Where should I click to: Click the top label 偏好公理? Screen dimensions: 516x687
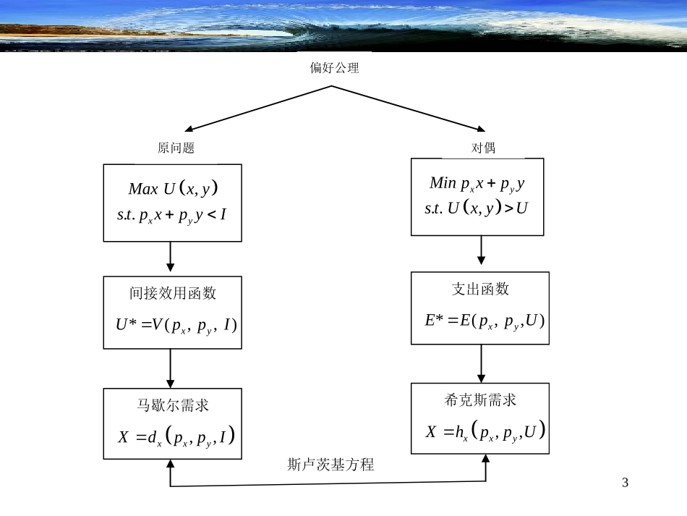coord(334,69)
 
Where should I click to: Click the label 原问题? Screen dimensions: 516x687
coord(176,148)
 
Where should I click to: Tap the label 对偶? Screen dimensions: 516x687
coord(483,148)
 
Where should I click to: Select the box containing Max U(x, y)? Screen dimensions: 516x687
coord(173,202)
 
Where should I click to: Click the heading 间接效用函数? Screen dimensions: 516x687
coord(173,293)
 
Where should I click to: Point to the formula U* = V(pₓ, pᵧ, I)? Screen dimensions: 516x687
coord(176,325)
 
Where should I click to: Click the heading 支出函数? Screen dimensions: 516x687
coord(480,289)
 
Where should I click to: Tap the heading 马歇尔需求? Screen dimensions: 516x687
coord(173,405)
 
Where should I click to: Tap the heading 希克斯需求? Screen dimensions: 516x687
coord(480,400)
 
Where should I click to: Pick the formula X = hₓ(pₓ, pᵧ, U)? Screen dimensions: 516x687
coord(485,432)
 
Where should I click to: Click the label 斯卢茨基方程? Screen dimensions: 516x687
coord(330,465)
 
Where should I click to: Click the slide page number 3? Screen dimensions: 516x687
coord(626,483)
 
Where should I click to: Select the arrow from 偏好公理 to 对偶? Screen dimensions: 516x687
coord(409,108)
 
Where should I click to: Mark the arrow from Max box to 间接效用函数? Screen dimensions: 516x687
coord(171,258)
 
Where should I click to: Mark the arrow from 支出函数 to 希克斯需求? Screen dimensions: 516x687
coord(481,362)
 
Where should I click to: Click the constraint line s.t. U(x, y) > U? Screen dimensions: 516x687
coord(477,208)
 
